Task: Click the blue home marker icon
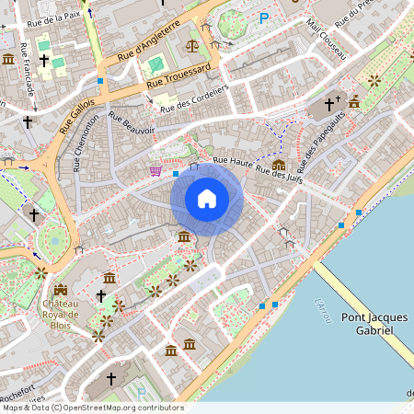207,198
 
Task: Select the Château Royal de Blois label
61,314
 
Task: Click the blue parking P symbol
265,17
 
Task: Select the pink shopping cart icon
155,170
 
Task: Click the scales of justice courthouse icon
192,44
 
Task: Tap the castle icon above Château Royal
61,291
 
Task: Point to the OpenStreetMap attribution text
92,408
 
